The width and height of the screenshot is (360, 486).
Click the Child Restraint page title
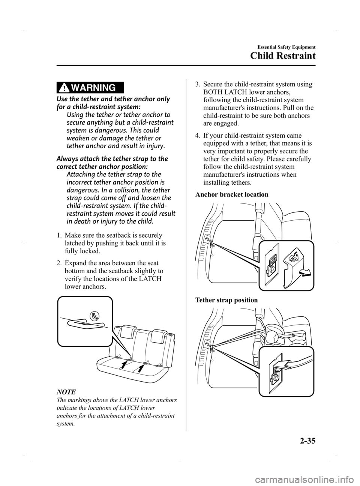click(283, 56)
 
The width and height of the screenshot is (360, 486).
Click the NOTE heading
click(66, 392)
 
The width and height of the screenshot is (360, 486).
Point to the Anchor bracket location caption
click(232, 194)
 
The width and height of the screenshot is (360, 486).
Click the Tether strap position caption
click(226, 300)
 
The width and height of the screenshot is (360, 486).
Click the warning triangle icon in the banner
click(65, 88)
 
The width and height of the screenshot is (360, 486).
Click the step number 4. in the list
click(198, 136)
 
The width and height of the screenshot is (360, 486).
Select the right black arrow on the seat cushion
click(141, 369)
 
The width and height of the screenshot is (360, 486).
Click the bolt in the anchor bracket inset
click(272, 268)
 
